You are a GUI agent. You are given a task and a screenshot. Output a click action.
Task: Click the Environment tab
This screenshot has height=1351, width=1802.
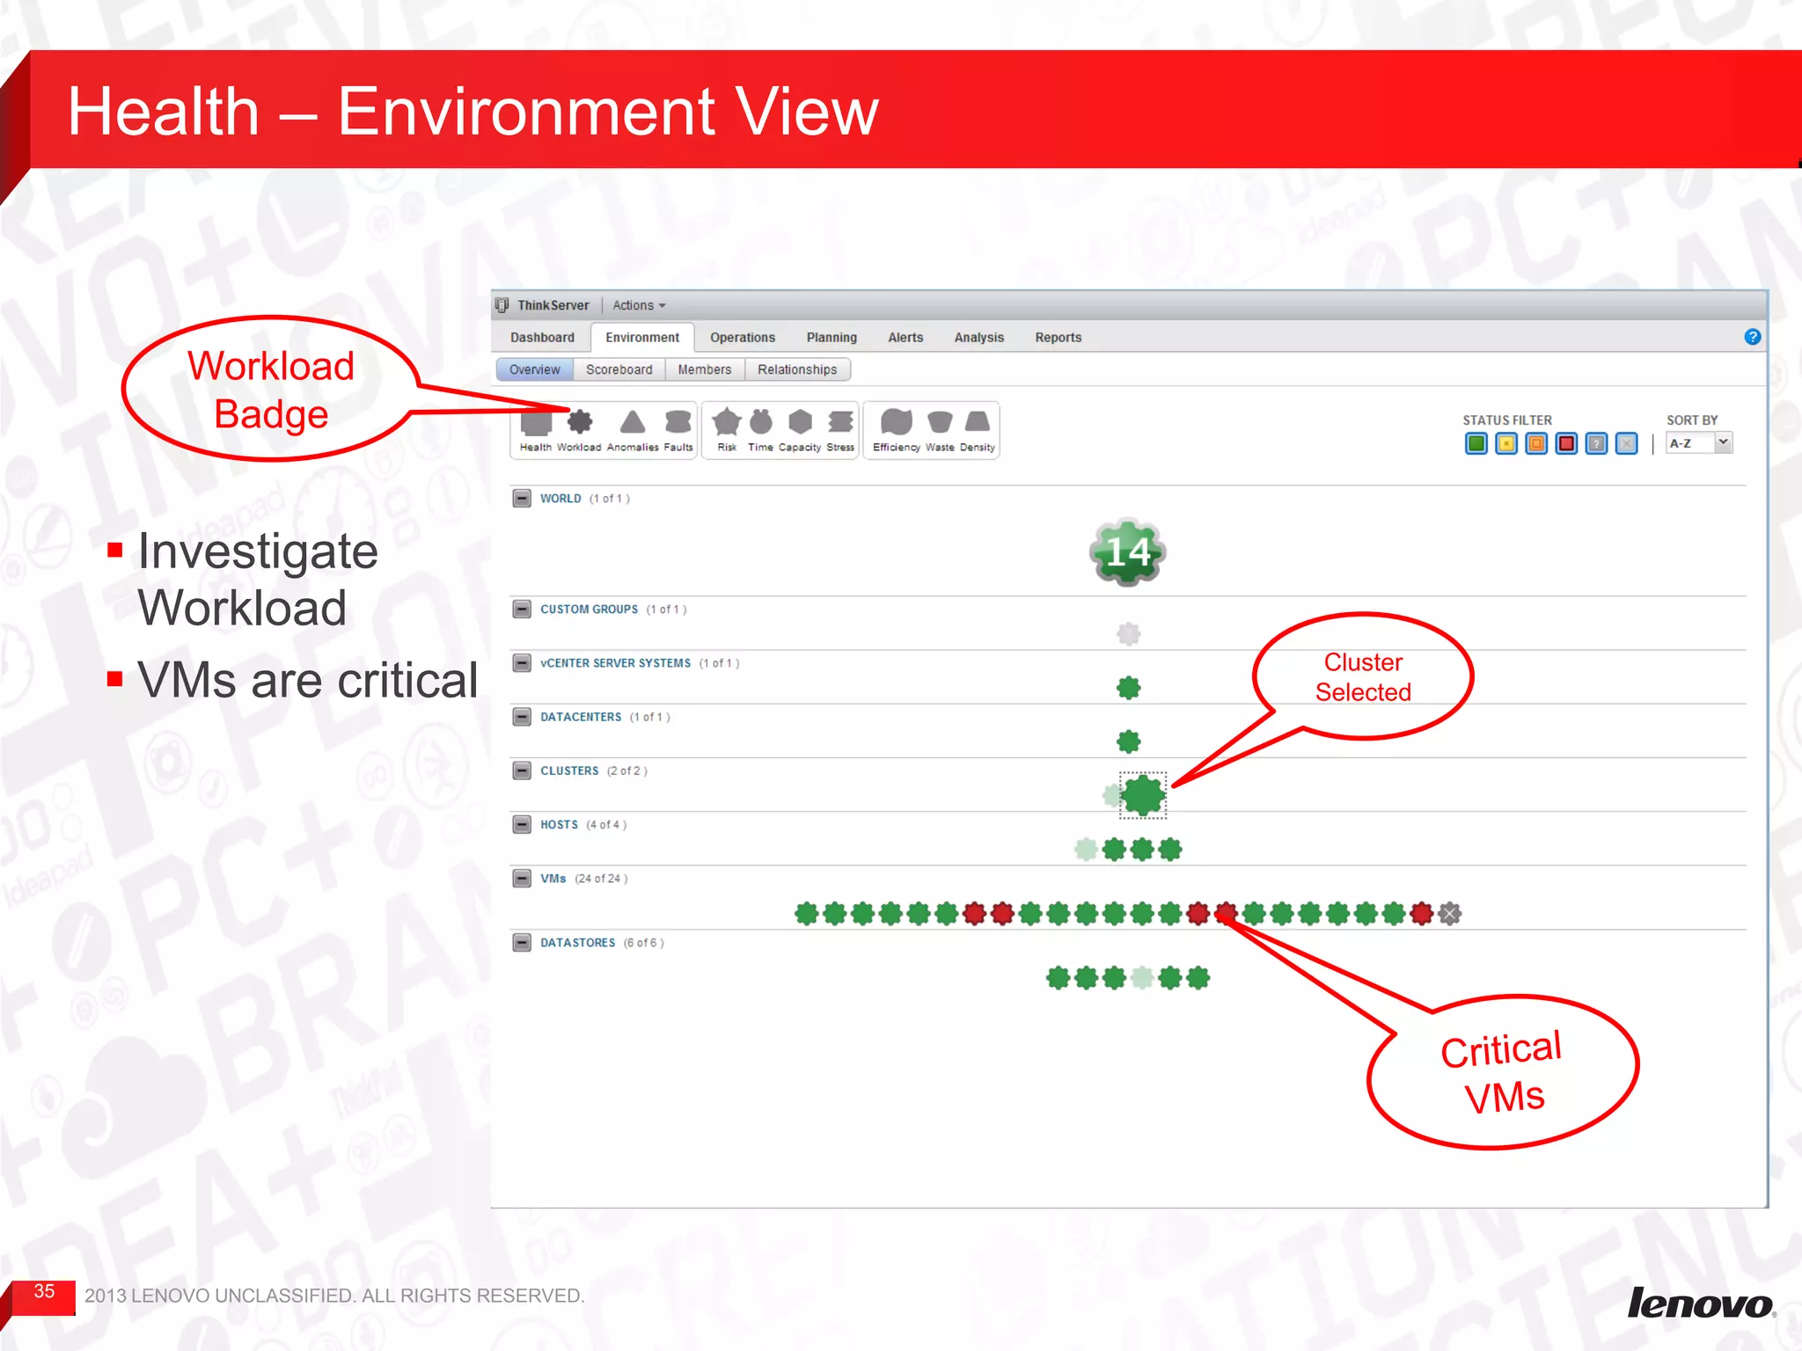click(x=641, y=338)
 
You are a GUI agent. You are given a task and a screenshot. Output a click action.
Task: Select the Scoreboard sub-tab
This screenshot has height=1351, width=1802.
click(x=619, y=370)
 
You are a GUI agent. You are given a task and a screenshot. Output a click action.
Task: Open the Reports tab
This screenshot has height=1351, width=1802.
click(x=1058, y=338)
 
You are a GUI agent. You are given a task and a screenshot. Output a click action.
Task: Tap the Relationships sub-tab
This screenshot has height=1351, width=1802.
click(x=796, y=370)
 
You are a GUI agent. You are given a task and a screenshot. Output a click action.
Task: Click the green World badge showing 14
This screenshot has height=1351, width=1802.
click(x=1127, y=552)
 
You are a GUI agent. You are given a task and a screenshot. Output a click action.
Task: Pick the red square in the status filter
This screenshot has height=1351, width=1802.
click(x=1566, y=444)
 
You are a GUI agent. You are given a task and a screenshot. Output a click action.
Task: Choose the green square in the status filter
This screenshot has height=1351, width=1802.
click(x=1476, y=444)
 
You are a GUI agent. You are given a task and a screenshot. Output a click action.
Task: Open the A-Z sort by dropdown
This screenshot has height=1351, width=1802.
click(x=1699, y=443)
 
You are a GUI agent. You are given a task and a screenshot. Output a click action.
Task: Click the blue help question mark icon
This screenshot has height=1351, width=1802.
click(x=1752, y=337)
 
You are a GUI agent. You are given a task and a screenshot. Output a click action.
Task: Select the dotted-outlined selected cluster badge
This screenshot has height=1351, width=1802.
click(x=1143, y=795)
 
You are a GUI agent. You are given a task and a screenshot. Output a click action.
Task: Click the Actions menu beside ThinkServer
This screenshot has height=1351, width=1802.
click(x=639, y=305)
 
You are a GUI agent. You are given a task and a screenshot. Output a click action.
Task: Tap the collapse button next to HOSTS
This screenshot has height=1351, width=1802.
click(x=522, y=825)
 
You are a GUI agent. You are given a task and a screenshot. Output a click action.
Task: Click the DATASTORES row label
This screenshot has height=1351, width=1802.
click(x=577, y=943)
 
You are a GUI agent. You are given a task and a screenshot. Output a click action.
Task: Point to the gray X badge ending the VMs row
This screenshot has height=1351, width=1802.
click(x=1450, y=914)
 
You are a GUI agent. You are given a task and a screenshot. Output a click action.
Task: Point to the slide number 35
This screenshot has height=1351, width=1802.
click(x=44, y=1291)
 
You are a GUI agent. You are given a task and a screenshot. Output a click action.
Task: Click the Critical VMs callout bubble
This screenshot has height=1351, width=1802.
click(x=1503, y=1072)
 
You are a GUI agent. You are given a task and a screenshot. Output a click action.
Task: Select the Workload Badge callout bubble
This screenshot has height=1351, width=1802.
click(x=271, y=390)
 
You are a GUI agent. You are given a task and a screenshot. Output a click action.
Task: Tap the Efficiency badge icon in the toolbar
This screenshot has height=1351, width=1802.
click(x=896, y=423)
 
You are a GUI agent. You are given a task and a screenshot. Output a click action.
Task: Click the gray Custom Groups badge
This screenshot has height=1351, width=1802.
click(x=1128, y=633)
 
